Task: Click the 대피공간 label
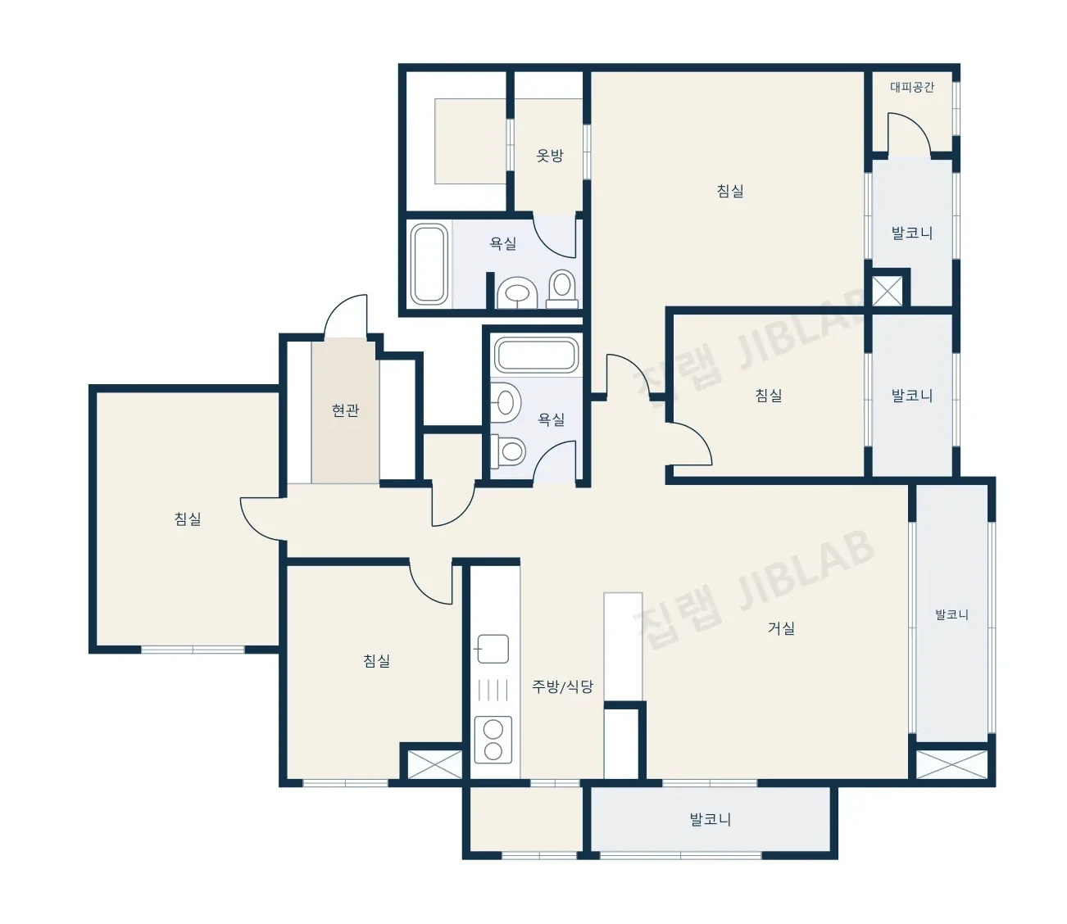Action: point(911,87)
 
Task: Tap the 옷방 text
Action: point(549,156)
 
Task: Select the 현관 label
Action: point(345,410)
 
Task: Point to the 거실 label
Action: point(781,627)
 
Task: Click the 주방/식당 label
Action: point(563,686)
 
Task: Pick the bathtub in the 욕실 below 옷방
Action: point(429,264)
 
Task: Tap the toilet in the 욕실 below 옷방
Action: point(562,289)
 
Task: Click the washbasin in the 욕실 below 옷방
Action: point(517,293)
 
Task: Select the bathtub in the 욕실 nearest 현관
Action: point(536,355)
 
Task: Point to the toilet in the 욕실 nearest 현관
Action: point(508,451)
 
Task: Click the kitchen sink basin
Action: point(493,649)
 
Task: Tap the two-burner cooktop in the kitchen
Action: point(493,740)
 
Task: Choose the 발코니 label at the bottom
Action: point(711,819)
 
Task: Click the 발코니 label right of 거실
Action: point(951,614)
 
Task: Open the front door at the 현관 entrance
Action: point(345,315)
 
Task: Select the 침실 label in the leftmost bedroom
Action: point(188,519)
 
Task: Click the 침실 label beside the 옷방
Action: point(730,191)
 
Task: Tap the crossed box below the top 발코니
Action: point(887,291)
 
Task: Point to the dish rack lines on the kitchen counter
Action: point(493,690)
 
